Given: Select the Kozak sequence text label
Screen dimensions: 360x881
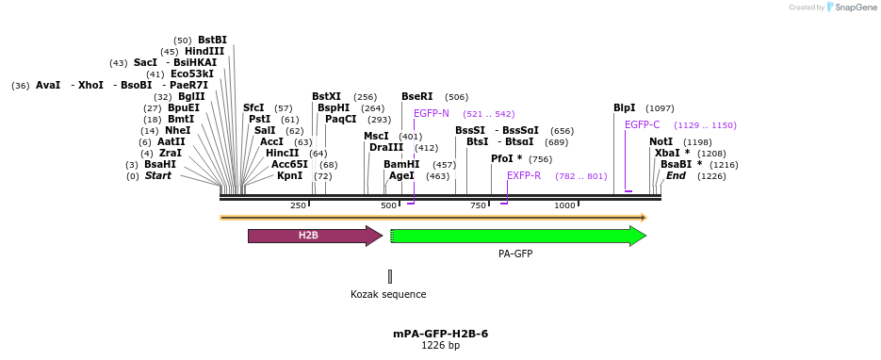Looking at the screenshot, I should pos(388,294).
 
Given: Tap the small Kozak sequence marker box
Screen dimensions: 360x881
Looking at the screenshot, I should pos(390,276).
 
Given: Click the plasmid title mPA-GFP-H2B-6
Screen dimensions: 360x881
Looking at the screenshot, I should pos(440,334).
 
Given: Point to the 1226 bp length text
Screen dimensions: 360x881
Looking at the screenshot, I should pos(440,346).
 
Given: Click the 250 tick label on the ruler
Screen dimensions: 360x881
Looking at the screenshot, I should pos(298,205).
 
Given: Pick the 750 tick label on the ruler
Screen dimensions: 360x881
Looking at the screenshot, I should pos(478,205).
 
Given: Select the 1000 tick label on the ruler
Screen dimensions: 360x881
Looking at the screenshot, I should pos(564,205).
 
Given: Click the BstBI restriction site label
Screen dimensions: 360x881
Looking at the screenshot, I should pos(212,40).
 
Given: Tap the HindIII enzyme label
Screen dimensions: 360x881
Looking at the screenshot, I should pos(204,52).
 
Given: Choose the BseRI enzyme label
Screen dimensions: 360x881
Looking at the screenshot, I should pos(416,97).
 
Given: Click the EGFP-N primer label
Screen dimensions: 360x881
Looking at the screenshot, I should pos(432,113).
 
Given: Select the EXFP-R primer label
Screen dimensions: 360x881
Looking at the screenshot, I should pos(524,175).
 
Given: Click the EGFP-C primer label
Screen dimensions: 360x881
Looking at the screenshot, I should pos(643,124).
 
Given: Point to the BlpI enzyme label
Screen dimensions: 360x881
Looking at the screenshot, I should pos(625,108).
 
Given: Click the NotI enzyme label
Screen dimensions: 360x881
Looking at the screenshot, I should pos(661,141).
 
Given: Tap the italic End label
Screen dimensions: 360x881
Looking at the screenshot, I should pos(676,175).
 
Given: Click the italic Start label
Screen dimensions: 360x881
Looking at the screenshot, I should pos(157,175).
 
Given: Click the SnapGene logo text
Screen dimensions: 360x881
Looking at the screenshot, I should pos(853,8).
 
